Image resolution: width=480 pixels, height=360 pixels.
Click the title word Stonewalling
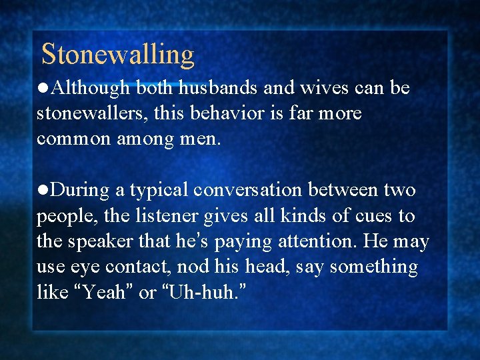(118, 54)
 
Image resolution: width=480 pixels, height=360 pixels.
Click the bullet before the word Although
(43, 89)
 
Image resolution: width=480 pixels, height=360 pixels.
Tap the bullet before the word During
(43, 191)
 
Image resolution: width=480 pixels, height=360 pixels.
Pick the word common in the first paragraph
(75, 139)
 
